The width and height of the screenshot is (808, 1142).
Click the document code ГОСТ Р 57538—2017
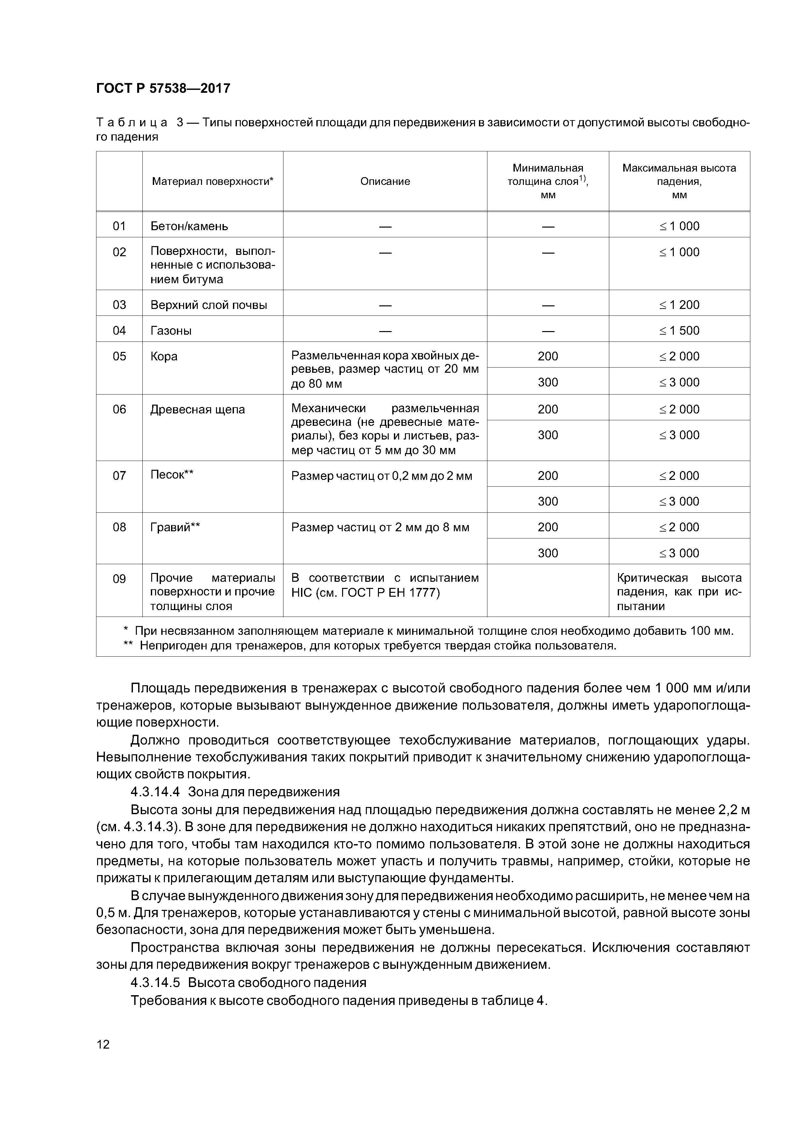[x=163, y=89]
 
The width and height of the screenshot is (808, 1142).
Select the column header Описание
[x=385, y=182]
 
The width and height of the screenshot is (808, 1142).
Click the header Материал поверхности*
[x=212, y=182]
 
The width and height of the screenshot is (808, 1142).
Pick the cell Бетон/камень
[x=189, y=226]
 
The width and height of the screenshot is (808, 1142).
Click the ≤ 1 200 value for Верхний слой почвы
[x=679, y=305]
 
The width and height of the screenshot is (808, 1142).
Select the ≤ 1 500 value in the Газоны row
[x=679, y=331]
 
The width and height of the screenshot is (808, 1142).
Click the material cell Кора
[x=164, y=356]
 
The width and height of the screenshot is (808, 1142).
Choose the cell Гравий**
[x=175, y=527]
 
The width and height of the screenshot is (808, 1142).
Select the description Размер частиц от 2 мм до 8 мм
[x=380, y=527]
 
